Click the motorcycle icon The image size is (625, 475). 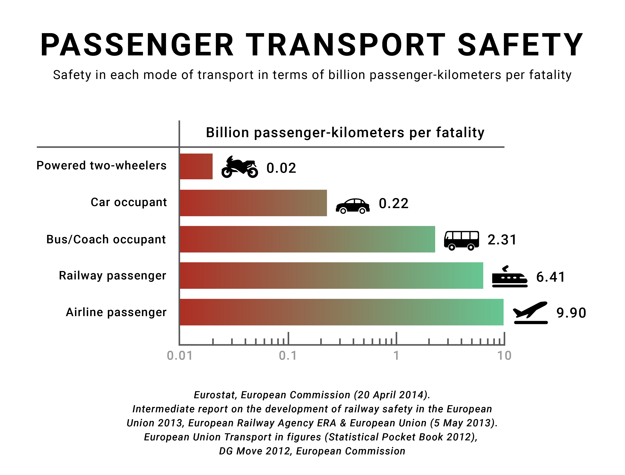pyautogui.click(x=239, y=167)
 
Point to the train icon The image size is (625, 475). pyautogui.click(x=510, y=277)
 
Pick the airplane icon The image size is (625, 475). pyautogui.click(x=530, y=313)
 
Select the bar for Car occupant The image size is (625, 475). pyautogui.click(x=253, y=203)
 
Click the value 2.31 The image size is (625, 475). pyautogui.click(x=502, y=240)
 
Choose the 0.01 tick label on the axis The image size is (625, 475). pyautogui.click(x=180, y=356)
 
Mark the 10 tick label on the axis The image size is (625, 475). pyautogui.click(x=504, y=356)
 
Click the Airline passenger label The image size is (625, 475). pyautogui.click(x=116, y=312)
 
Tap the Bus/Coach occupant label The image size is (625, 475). pyautogui.click(x=106, y=240)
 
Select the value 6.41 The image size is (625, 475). pyautogui.click(x=551, y=277)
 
